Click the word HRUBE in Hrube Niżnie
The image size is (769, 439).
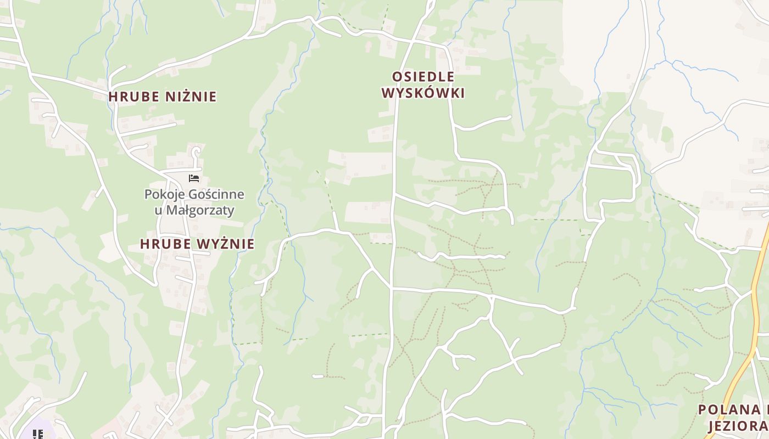[129, 97]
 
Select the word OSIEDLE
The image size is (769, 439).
[423, 77]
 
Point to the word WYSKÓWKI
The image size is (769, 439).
[423, 93]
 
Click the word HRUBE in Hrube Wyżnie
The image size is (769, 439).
[161, 244]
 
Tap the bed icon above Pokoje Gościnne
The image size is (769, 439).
[194, 178]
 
